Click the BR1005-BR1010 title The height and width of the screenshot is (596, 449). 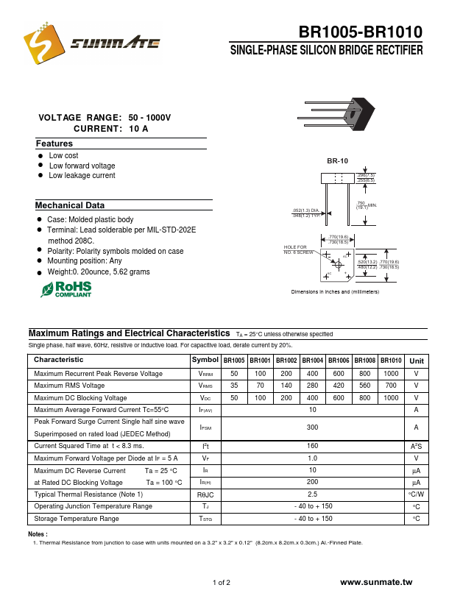click(360, 32)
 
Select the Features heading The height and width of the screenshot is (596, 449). click(54, 143)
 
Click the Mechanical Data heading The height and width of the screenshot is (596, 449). click(70, 205)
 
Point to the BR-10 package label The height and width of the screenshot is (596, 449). click(337, 160)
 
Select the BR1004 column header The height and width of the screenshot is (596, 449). click(312, 361)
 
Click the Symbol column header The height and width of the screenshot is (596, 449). click(205, 361)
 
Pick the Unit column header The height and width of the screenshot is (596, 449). click(417, 361)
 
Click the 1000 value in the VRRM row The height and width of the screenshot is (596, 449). click(391, 374)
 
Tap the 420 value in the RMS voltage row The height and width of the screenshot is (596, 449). click(339, 386)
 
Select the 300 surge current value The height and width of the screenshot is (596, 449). click(313, 427)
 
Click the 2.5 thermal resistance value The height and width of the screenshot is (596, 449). click(313, 494)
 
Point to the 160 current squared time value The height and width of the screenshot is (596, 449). click(313, 446)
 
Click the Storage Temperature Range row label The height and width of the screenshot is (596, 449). click(77, 519)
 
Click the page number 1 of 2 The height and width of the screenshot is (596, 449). click(222, 583)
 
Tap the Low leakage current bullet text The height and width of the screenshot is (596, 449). click(82, 176)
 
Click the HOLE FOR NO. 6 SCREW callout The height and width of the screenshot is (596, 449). click(298, 249)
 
